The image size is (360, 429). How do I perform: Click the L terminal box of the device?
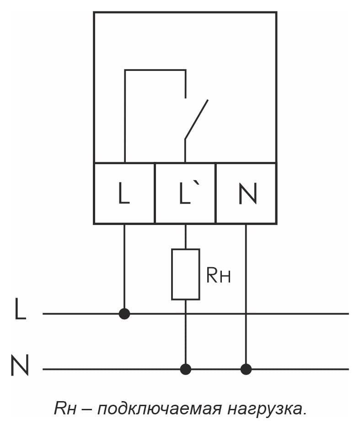pyautogui.click(x=124, y=193)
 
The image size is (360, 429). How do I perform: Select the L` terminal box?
pyautogui.click(x=185, y=193)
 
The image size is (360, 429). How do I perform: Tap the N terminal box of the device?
pyautogui.click(x=246, y=193)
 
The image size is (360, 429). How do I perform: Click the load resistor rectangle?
pyautogui.click(x=185, y=274)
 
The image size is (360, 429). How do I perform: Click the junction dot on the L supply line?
pyautogui.click(x=124, y=314)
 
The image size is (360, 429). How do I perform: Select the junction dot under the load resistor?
pyautogui.click(x=186, y=369)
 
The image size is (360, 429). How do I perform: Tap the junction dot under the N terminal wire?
pyautogui.click(x=246, y=369)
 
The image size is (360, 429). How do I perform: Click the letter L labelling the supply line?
pyautogui.click(x=20, y=309)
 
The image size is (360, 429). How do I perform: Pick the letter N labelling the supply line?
pyautogui.click(x=20, y=365)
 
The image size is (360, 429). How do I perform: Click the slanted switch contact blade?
pyautogui.click(x=196, y=119)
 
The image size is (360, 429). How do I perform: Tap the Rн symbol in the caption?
pyautogui.click(x=65, y=409)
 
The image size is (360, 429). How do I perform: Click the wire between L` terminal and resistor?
pyautogui.click(x=186, y=236)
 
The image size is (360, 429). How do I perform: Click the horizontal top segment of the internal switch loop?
pyautogui.click(x=156, y=70)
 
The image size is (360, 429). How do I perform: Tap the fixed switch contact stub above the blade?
pyautogui.click(x=185, y=84)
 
